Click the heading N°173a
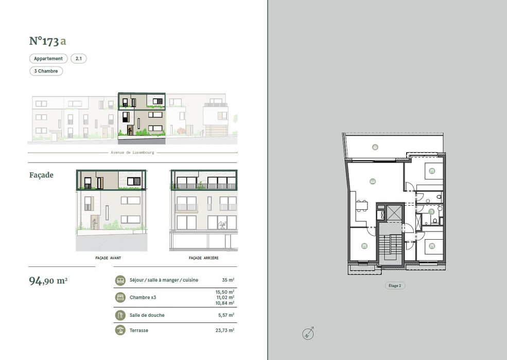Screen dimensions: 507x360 click(47, 41)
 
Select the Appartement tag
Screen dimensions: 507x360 click(48, 59)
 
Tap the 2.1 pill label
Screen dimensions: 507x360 click(79, 59)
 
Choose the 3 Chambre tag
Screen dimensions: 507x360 click(46, 71)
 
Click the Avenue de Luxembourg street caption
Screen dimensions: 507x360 click(133, 153)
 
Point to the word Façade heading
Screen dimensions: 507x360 click(41, 175)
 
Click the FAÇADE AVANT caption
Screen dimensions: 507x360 click(108, 258)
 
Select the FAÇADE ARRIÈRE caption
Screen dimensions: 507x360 click(204, 258)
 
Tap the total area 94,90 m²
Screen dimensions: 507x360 click(48, 280)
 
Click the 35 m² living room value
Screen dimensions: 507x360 click(229, 280)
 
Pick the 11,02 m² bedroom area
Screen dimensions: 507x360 click(225, 297)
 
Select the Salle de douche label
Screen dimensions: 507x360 click(147, 315)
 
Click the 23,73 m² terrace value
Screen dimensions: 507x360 click(225, 330)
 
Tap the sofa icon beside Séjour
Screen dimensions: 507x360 click(120, 280)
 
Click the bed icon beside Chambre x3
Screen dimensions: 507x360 click(120, 297)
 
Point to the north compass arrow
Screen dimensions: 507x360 click(308, 333)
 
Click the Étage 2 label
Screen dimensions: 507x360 click(395, 285)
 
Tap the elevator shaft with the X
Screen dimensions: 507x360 click(394, 213)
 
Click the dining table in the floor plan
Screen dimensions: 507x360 click(362, 206)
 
